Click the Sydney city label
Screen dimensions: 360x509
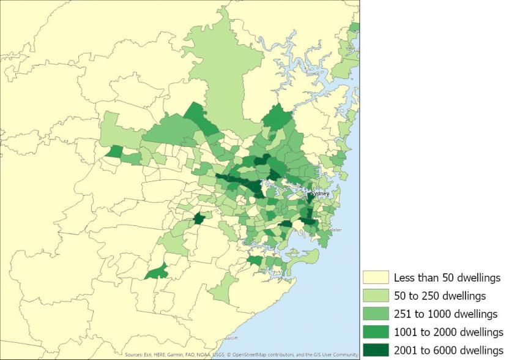(321, 193)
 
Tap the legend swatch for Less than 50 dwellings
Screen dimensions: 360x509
(376, 278)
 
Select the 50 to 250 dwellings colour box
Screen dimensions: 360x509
(376, 296)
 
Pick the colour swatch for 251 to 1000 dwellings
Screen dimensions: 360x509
(376, 314)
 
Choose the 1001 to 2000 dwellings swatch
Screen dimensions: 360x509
(376, 332)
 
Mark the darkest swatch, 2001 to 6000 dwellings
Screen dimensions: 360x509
(376, 350)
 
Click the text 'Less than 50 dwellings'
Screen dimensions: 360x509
(447, 278)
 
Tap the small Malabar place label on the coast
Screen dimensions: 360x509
(336, 230)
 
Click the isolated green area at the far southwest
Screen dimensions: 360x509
(157, 271)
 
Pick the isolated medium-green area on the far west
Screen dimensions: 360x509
(114, 152)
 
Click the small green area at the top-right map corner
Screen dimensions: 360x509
(355, 28)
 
